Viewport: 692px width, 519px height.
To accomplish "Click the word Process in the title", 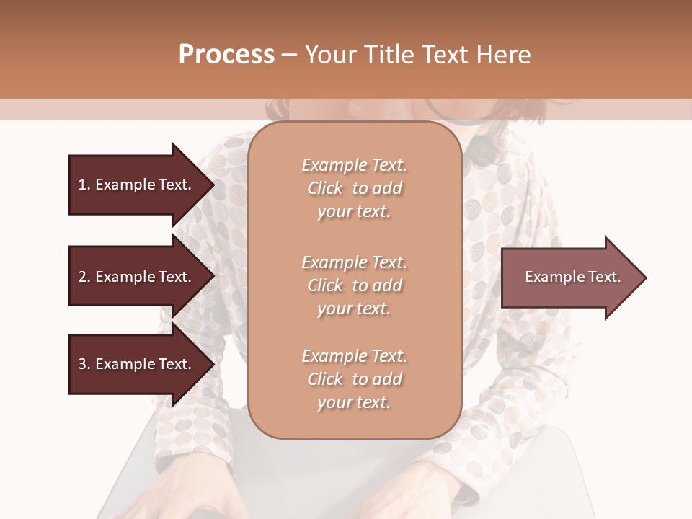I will (x=226, y=55).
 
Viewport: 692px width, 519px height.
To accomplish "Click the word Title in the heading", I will (x=390, y=55).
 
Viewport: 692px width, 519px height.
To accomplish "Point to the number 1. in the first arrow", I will (x=84, y=185).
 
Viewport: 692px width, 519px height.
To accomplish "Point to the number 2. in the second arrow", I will (x=84, y=277).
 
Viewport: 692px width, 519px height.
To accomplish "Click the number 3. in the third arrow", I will (x=84, y=364).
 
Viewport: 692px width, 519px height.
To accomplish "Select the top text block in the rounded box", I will (x=354, y=188).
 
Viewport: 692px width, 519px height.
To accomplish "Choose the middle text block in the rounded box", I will (x=354, y=285).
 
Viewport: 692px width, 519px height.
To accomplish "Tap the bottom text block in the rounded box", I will (x=354, y=379).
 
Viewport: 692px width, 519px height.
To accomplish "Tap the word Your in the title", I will (x=332, y=55).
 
